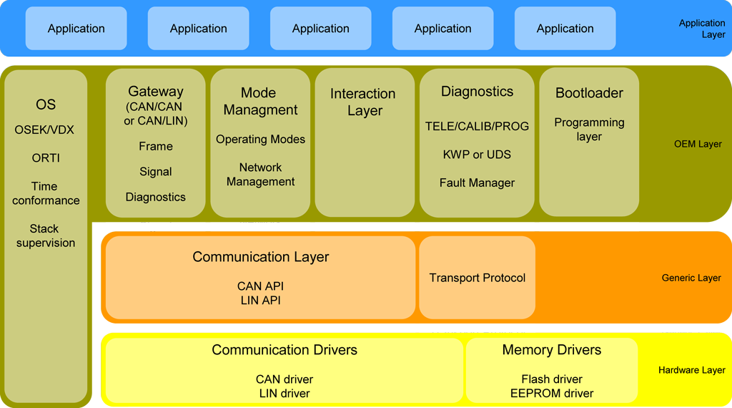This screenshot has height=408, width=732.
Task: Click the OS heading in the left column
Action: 46,105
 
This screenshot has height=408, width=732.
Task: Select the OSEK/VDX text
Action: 44,130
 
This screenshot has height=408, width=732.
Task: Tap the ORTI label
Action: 45,158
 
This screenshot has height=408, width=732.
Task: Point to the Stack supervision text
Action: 46,235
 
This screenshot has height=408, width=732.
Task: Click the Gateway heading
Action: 156,92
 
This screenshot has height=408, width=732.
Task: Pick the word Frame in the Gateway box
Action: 156,146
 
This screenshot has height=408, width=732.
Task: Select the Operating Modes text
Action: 260,139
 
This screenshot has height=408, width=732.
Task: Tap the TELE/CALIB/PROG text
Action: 477,126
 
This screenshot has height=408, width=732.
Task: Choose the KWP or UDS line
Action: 477,154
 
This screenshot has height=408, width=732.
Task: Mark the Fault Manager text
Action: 477,183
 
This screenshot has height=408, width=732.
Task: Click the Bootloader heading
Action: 589,93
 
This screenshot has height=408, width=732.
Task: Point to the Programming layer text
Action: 589,130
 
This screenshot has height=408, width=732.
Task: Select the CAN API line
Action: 260,286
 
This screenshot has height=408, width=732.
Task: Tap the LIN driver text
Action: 285,393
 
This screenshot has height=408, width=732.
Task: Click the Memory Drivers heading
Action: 551,350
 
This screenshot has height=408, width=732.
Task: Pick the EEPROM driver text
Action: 552,393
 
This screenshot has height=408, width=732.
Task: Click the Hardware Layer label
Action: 691,370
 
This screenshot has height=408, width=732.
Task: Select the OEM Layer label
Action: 698,144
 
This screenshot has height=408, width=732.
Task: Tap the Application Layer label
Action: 702,29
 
